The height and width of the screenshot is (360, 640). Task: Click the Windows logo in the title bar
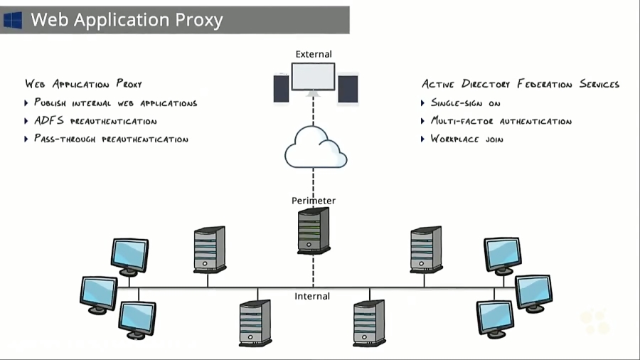(x=13, y=20)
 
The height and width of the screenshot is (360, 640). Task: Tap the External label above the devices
(x=314, y=54)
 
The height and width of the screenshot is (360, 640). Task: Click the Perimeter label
(x=314, y=201)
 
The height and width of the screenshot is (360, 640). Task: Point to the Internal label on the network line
(x=312, y=296)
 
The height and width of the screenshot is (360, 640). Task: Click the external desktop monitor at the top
(x=313, y=78)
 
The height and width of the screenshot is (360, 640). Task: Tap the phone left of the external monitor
(x=281, y=89)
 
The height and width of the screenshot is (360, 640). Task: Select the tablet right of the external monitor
(x=348, y=90)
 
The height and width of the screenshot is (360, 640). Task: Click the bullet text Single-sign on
(x=466, y=103)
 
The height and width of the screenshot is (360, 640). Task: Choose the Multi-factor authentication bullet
(x=501, y=121)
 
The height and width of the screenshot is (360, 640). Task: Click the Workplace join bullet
(x=466, y=139)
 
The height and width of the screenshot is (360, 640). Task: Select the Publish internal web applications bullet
(x=115, y=103)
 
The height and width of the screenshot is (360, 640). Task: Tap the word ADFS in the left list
(x=49, y=121)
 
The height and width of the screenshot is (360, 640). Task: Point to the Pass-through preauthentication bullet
(x=111, y=139)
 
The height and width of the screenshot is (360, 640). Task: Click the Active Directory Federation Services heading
(x=521, y=84)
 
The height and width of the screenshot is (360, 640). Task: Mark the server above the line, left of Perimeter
(x=210, y=249)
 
